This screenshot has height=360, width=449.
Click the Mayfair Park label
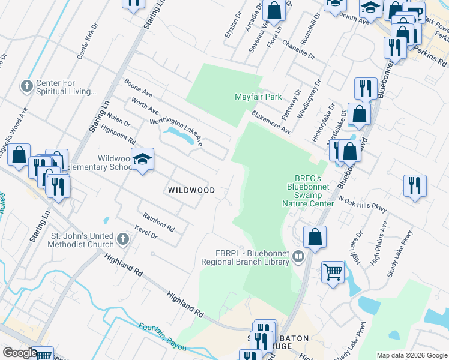pyautogui.click(x=258, y=97)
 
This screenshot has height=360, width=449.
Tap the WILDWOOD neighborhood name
pyautogui.click(x=191, y=190)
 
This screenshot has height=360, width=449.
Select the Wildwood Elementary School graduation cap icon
pyautogui.click(x=143, y=160)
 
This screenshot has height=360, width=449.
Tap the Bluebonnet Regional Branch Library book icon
pyautogui.click(x=298, y=257)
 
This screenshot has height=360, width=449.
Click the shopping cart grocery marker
pyautogui.click(x=333, y=273)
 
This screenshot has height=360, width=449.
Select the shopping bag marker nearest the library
pyautogui.click(x=315, y=238)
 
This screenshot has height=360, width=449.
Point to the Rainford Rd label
pyautogui.click(x=158, y=223)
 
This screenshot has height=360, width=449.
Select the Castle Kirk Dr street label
pyautogui.click(x=88, y=41)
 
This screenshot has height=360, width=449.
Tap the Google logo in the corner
pyautogui.click(x=20, y=353)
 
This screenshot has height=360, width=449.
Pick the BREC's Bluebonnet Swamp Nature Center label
pyautogui.click(x=308, y=191)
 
